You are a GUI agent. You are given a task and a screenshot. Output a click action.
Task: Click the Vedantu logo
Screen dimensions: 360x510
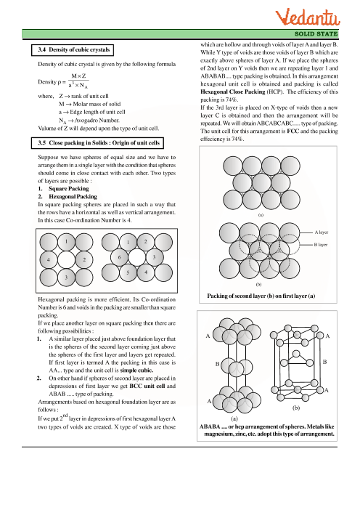tap(307, 17)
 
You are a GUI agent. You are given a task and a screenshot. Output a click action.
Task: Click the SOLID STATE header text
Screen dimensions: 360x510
tap(316, 34)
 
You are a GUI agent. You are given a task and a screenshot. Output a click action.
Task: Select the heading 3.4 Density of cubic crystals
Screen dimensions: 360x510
tap(74, 49)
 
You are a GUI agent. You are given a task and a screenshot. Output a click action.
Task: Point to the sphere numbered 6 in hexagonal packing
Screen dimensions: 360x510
tap(119, 257)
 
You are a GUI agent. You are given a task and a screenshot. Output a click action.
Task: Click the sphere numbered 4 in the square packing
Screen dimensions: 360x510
tap(49, 259)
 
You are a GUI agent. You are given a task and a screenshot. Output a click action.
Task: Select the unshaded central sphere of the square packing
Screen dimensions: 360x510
tap(66, 259)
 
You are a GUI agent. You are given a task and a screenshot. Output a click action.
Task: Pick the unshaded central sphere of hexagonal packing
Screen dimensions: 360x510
tap(136, 257)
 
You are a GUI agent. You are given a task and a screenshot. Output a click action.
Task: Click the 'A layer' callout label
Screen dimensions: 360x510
tap(321, 232)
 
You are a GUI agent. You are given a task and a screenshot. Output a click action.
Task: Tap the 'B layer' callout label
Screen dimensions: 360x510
tap(321, 245)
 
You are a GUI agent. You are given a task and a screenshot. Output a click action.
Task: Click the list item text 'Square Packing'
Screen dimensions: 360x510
tap(68, 189)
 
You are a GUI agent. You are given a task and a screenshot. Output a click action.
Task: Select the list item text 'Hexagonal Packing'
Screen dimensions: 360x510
tap(73, 196)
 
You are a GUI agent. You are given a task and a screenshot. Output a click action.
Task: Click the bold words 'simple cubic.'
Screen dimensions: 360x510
tap(136, 370)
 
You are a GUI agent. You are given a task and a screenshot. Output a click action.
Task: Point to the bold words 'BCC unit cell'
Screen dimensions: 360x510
tap(147, 386)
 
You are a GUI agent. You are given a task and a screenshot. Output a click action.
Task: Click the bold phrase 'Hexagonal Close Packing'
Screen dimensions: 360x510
tap(233, 92)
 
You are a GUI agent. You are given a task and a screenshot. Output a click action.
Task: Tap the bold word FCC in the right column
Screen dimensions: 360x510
tap(292, 131)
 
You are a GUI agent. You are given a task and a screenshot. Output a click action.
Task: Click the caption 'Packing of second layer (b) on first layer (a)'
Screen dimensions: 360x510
tap(261, 296)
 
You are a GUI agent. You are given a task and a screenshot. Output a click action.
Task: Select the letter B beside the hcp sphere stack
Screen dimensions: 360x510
tap(217, 364)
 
